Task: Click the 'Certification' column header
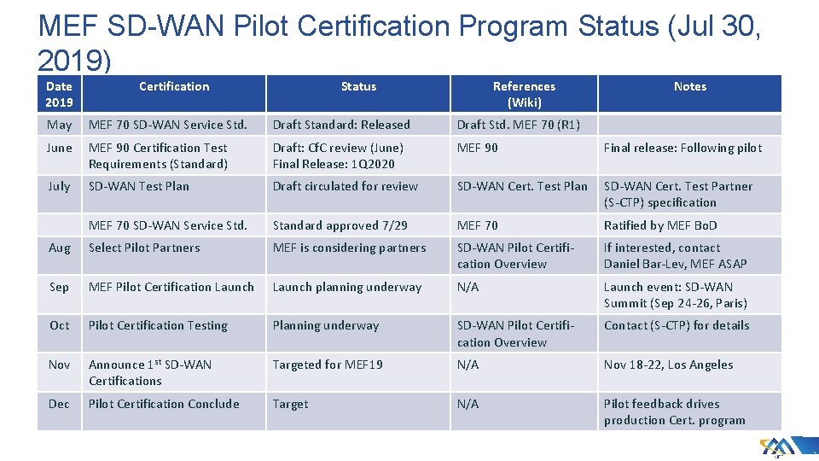(x=174, y=86)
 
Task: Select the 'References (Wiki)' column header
(x=524, y=94)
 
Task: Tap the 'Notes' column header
(x=689, y=86)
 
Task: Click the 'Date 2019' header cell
(x=59, y=94)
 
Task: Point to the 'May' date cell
(x=60, y=125)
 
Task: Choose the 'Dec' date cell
(x=60, y=404)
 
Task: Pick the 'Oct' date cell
(x=60, y=325)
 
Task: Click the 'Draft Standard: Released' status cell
(x=341, y=125)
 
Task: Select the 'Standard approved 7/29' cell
(x=340, y=225)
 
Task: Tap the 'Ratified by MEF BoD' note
(x=660, y=225)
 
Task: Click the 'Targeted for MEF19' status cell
(x=328, y=365)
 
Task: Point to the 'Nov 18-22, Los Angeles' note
(x=668, y=365)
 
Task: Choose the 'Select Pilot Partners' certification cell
(x=144, y=248)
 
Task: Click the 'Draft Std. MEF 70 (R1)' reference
(x=519, y=125)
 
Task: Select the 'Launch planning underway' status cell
(x=347, y=287)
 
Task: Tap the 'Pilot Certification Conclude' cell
(x=164, y=404)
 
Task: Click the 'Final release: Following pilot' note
(x=682, y=148)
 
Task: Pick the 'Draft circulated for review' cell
(x=346, y=186)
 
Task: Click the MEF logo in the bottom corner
(x=777, y=446)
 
